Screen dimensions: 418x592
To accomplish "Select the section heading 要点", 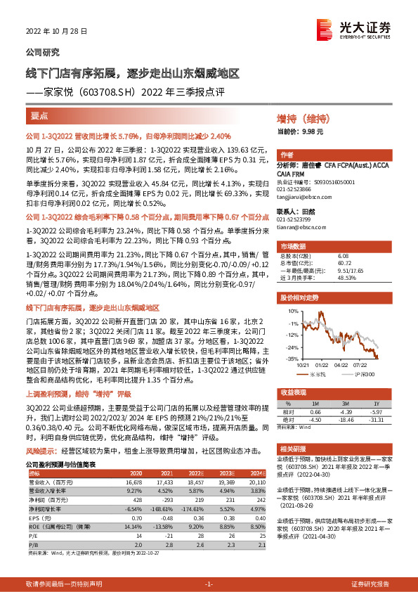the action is point(40,115).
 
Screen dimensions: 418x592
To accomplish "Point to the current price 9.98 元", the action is point(312,131).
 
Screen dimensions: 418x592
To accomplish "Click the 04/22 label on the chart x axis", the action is point(341,365).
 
